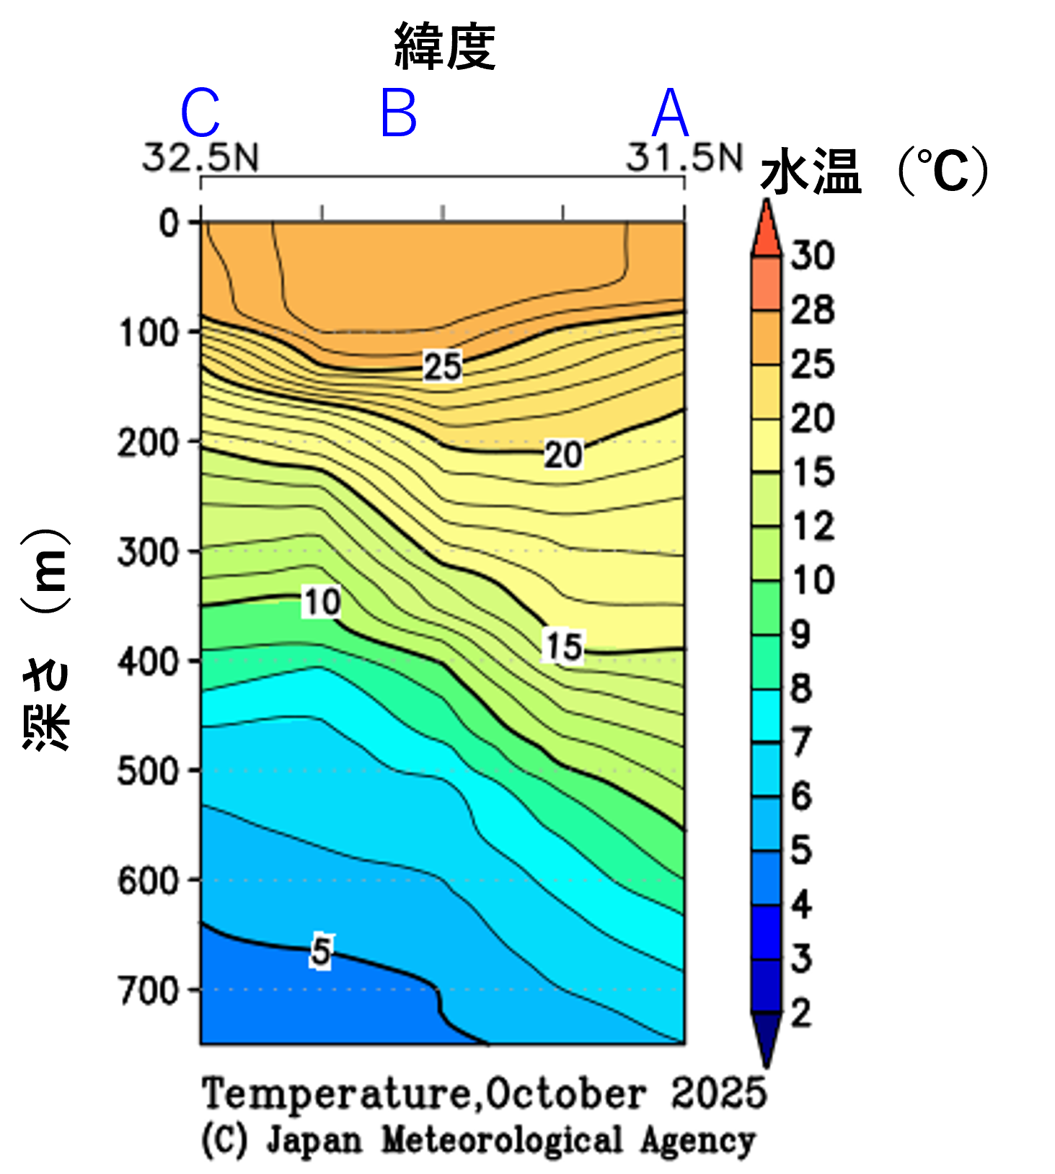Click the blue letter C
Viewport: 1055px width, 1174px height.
pyautogui.click(x=200, y=114)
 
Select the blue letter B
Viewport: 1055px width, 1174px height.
pyautogui.click(x=399, y=114)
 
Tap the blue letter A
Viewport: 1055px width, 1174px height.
pyautogui.click(x=670, y=114)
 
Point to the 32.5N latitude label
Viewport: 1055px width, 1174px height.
pyautogui.click(x=200, y=158)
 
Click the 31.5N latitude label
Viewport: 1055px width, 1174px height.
pyautogui.click(x=684, y=158)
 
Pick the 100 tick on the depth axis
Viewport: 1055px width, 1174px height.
pyautogui.click(x=149, y=334)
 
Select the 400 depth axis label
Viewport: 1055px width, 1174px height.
pyautogui.click(x=149, y=662)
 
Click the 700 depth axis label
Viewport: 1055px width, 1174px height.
pyautogui.click(x=149, y=991)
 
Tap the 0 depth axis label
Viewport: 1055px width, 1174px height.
pyautogui.click(x=169, y=223)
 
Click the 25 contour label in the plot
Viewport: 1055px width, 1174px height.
pyautogui.click(x=442, y=367)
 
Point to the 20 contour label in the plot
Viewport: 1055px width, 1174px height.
pyautogui.click(x=563, y=455)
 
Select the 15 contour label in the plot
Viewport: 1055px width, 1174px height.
pyautogui.click(x=563, y=646)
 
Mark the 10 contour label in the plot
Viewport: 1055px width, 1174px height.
pyautogui.click(x=322, y=602)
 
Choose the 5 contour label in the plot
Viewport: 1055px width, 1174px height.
pyautogui.click(x=322, y=951)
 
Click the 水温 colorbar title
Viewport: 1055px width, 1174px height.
pyautogui.click(x=811, y=172)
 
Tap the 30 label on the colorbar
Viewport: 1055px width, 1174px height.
pyautogui.click(x=813, y=256)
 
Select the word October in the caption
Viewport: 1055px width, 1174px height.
pyautogui.click(x=565, y=1094)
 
